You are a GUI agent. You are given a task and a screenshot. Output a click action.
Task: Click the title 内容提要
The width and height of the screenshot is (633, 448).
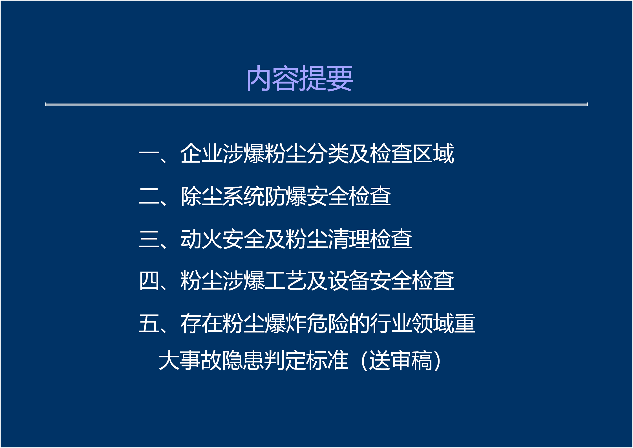pos(299,78)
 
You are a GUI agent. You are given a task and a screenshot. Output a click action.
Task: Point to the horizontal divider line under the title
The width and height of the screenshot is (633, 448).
pos(316,104)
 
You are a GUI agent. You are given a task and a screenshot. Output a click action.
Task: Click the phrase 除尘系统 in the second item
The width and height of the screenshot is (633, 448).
pos(222,196)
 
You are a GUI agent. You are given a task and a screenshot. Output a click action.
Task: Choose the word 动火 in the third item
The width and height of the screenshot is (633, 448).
pos(201,239)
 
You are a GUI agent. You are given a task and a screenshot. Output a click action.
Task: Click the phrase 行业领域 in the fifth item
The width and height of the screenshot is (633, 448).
pos(412,323)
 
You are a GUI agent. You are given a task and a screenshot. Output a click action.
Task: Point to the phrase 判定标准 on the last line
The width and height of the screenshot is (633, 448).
pos(306,360)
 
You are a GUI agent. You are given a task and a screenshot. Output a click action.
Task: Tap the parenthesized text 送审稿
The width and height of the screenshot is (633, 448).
pos(401,360)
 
